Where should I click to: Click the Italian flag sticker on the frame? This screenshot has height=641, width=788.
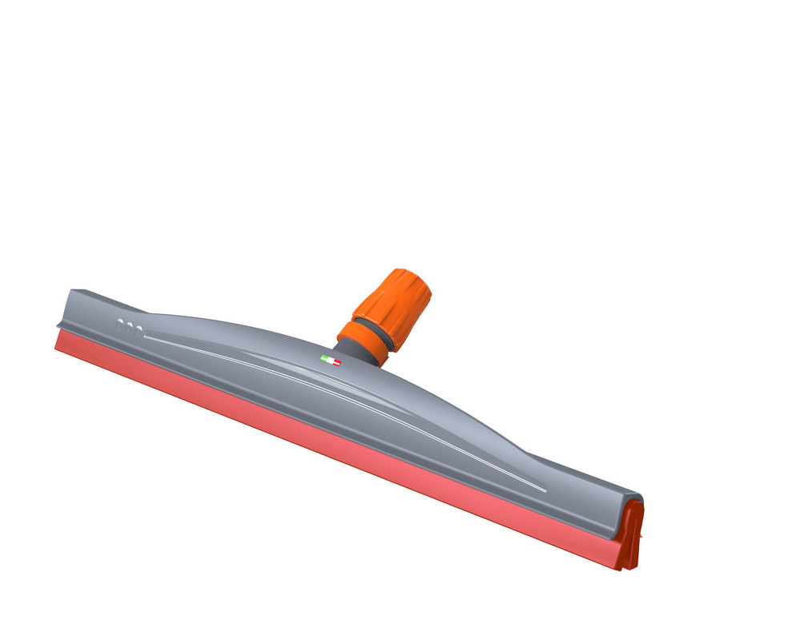pos(330,361)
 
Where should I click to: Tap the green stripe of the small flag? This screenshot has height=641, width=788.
pos(324,358)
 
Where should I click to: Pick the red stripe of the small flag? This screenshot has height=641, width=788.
pos(336,363)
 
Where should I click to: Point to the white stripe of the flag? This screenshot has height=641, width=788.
pos(330,361)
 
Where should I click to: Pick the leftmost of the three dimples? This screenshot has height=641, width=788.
pos(121,325)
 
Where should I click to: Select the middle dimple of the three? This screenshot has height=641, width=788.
pos(130,326)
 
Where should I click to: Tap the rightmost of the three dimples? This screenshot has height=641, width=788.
pos(139,329)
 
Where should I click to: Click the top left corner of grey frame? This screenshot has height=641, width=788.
pos(72,291)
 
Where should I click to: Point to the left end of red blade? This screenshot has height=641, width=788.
pos(58,341)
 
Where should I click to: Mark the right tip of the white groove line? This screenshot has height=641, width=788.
pos(545,490)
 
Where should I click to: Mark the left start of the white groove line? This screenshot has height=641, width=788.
pos(147,337)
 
